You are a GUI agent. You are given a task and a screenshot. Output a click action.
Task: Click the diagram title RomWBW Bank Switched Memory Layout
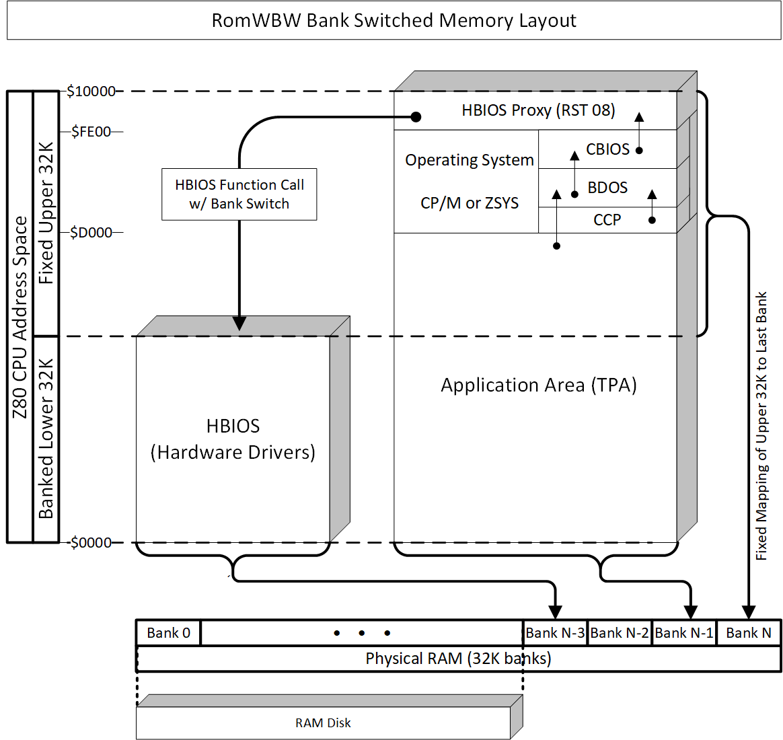(x=394, y=20)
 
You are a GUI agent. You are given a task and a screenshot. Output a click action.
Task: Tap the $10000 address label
(x=91, y=91)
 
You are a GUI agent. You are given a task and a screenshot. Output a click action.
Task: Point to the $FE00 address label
(x=91, y=132)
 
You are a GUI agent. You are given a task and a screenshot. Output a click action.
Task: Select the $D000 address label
(x=91, y=233)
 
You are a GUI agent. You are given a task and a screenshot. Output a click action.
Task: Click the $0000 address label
(x=91, y=543)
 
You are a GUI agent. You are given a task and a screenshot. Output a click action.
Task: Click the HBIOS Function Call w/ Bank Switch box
(x=239, y=194)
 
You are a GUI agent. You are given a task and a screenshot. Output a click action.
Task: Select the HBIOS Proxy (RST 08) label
(x=538, y=110)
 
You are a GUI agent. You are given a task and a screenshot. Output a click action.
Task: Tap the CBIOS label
(x=607, y=149)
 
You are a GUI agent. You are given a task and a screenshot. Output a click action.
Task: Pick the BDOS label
(x=607, y=188)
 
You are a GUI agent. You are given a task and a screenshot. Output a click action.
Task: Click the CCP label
(x=607, y=220)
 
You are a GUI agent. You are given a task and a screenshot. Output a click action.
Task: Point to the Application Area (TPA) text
(x=539, y=385)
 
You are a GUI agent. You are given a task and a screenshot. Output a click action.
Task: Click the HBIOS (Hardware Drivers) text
(x=233, y=439)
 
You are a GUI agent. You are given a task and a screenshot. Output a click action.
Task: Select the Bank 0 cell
(x=168, y=633)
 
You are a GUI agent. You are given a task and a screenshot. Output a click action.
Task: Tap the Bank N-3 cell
(x=555, y=633)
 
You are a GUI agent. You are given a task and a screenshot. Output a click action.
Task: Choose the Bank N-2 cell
(x=620, y=633)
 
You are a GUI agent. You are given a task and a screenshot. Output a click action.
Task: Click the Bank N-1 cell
(x=684, y=633)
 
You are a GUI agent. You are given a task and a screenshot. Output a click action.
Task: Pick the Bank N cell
(x=749, y=633)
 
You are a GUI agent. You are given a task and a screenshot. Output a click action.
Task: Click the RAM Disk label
(x=323, y=723)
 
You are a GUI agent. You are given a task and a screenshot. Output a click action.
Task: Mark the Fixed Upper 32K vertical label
(x=46, y=213)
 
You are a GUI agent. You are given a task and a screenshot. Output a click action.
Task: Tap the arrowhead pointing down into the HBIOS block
(x=239, y=324)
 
